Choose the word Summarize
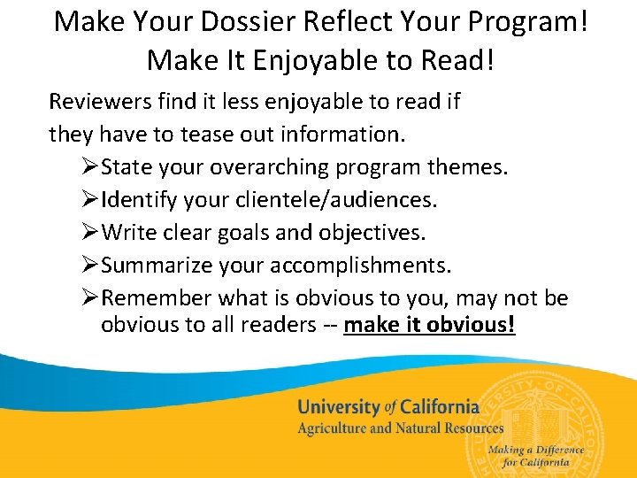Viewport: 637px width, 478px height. coord(154,266)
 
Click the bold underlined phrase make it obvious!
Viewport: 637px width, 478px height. coord(429,325)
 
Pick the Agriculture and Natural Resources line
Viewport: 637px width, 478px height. coord(400,428)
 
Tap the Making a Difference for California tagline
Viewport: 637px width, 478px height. coord(535,456)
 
